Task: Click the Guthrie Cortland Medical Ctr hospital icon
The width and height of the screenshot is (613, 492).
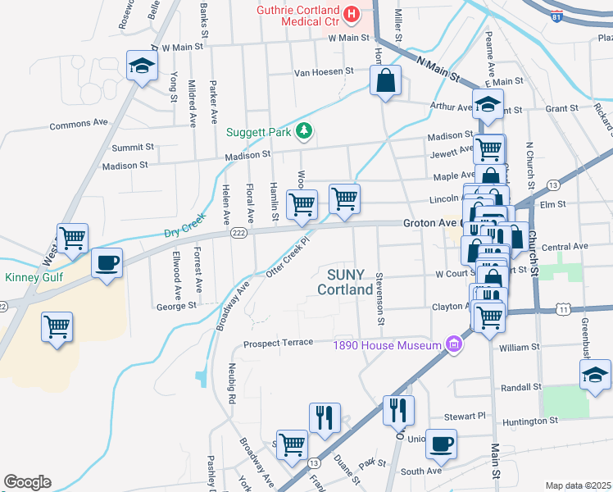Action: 352,14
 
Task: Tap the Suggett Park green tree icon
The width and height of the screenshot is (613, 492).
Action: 305,131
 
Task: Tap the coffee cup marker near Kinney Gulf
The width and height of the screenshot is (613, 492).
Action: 107,263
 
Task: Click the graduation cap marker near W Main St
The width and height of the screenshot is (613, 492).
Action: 142,66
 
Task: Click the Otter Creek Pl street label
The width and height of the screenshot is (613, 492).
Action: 292,257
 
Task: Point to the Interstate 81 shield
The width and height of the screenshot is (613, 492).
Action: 557,16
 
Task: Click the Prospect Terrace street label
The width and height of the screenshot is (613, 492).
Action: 279,342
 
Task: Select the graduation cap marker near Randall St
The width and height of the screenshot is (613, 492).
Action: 594,375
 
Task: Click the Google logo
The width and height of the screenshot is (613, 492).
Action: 27,482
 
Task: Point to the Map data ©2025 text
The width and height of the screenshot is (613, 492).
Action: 578,485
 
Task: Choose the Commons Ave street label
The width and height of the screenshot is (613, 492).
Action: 79,125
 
